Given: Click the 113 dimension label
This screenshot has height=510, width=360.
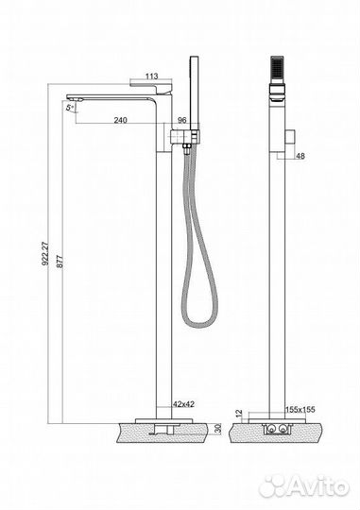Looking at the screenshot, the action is click(x=152, y=76).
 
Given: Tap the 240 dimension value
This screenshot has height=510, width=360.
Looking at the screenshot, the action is click(x=120, y=120).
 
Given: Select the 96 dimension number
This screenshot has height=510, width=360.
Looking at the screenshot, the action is click(x=181, y=120).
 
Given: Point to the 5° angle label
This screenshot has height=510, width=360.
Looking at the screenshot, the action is click(x=69, y=108).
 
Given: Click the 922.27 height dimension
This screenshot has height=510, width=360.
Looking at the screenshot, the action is click(x=45, y=253).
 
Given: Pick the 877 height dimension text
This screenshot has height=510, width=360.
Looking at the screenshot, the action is click(x=60, y=262).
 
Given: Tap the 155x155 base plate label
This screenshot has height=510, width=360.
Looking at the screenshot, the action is click(x=300, y=409).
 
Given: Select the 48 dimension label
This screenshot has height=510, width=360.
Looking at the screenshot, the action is click(x=300, y=156).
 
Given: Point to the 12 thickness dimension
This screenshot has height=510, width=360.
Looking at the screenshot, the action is click(x=239, y=414).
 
